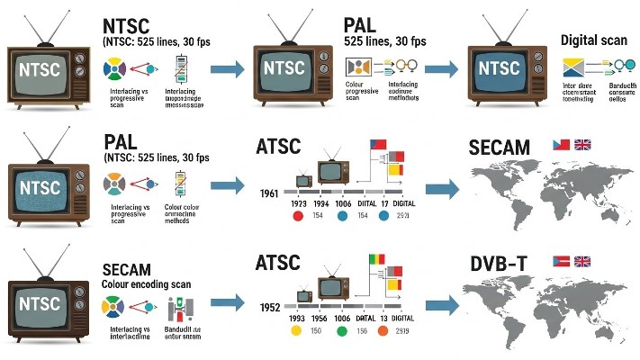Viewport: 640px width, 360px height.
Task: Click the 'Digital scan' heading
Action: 591,40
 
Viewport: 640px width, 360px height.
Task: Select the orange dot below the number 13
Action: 383,331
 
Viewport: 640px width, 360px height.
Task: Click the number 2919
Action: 401,331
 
